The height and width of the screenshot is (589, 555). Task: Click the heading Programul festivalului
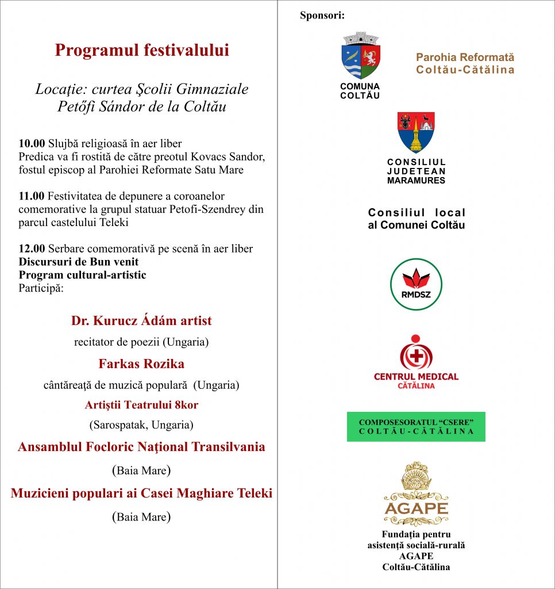[142, 50]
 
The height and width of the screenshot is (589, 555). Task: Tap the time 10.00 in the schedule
[32, 143]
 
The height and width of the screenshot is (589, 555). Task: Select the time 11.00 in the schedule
[32, 196]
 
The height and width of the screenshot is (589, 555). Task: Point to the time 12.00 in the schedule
[32, 249]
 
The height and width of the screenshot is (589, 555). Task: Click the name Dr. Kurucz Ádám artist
[141, 320]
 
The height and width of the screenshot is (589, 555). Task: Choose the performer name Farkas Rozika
[141, 364]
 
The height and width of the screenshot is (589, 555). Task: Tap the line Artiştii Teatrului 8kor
[141, 405]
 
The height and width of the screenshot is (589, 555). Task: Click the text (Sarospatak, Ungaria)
[141, 426]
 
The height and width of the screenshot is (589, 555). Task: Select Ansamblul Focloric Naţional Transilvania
[141, 447]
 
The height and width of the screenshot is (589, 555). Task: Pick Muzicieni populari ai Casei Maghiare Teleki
[141, 494]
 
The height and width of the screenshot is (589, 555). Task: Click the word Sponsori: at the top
[322, 15]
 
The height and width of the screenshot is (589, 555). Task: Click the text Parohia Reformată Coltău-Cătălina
[465, 64]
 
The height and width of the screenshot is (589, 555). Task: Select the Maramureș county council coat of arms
[416, 132]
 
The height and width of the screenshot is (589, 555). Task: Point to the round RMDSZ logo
[415, 284]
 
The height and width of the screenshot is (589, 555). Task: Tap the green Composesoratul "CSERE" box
[416, 427]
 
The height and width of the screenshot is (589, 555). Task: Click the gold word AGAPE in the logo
[416, 509]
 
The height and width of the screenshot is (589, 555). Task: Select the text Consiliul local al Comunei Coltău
[417, 219]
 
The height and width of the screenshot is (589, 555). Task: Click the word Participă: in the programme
[41, 288]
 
